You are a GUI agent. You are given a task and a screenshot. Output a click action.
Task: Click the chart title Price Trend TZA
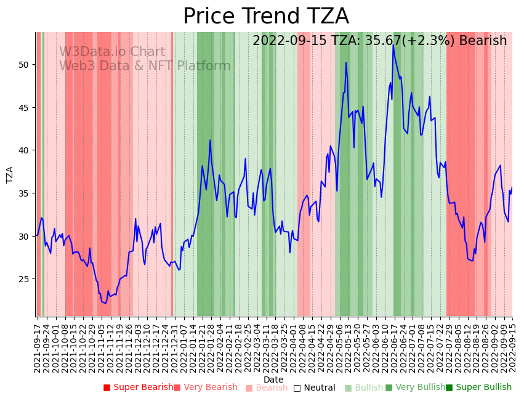click(266, 17)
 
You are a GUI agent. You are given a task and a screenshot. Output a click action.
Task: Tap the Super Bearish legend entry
click(139, 388)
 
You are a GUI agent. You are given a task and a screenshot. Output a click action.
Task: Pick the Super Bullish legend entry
click(478, 388)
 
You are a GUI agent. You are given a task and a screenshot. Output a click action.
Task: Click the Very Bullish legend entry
click(415, 388)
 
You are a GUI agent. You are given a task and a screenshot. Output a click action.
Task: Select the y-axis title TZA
click(10, 174)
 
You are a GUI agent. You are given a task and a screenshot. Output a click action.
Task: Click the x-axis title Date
click(273, 380)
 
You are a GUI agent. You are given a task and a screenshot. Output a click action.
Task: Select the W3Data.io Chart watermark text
click(112, 52)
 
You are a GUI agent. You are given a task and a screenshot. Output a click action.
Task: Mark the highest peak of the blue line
click(393, 45)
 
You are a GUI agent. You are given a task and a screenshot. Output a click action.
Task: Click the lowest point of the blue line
click(105, 303)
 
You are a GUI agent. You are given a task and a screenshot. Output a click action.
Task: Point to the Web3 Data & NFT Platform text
click(145, 67)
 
